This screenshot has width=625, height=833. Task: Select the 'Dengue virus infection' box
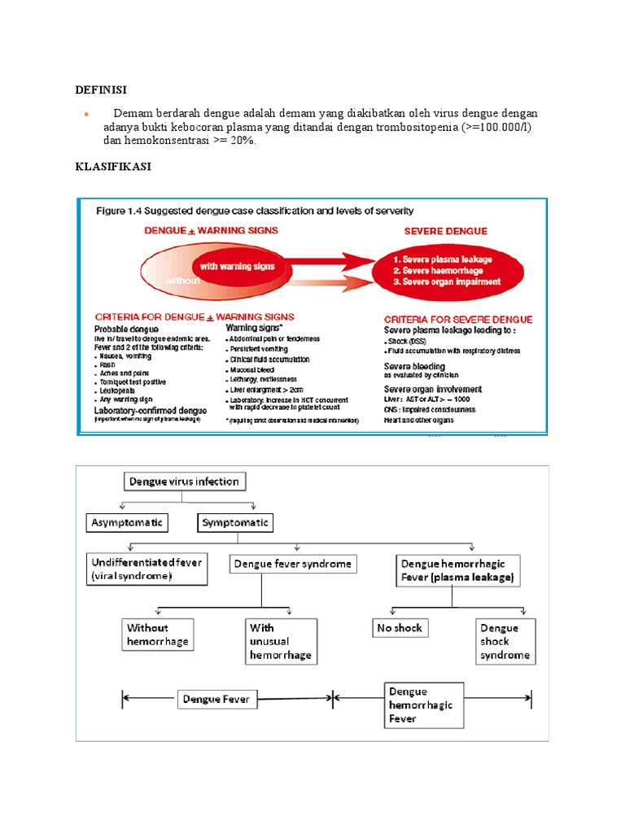pos(184,482)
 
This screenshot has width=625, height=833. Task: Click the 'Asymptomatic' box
pos(126,521)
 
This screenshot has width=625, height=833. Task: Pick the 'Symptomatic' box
pos(235,521)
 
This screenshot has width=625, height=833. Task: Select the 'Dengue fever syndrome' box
pos(293,564)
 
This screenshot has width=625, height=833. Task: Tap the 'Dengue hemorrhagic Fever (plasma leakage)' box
pos(457,570)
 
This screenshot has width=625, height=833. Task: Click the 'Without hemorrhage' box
pos(159,635)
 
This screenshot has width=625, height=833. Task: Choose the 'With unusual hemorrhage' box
pos(279,642)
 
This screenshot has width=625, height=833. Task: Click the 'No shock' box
pos(400,628)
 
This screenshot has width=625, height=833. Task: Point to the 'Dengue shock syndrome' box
pos(505,642)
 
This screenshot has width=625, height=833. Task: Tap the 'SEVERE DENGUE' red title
pos(446,231)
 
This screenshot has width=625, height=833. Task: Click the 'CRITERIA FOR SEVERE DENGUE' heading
pos(458,319)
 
